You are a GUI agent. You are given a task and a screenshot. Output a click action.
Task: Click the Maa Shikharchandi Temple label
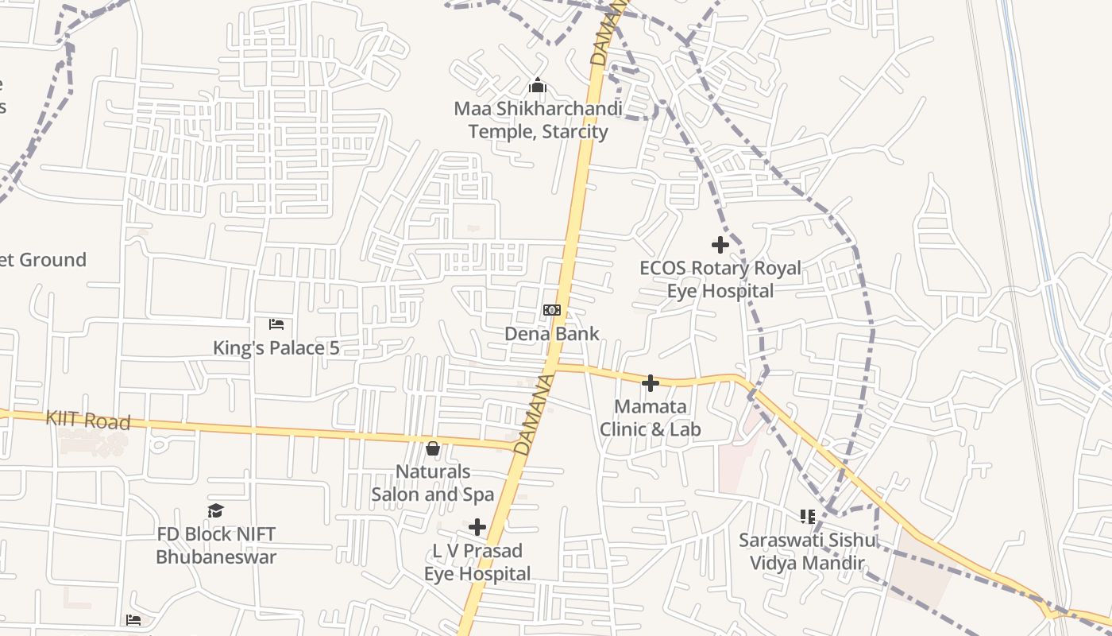[x=538, y=119]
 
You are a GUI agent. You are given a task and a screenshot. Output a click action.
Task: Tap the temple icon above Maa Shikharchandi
[x=538, y=84]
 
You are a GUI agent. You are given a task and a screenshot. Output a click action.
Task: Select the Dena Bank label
[x=552, y=333]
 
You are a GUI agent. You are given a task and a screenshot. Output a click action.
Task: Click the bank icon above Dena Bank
[x=552, y=309]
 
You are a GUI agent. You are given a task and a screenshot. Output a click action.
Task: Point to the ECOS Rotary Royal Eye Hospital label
[x=720, y=279]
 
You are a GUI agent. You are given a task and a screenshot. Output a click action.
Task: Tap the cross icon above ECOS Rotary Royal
[x=720, y=245]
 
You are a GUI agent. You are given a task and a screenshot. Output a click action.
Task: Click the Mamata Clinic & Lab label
[x=651, y=418]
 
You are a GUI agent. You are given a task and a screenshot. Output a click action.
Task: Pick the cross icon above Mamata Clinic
[x=651, y=384]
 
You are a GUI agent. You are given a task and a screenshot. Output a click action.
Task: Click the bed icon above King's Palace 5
[x=276, y=324]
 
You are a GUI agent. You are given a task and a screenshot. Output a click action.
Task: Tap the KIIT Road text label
[x=87, y=420]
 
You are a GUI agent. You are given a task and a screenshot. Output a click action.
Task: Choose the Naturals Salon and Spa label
[x=433, y=483]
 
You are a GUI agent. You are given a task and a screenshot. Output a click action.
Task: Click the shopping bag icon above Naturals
[x=433, y=449]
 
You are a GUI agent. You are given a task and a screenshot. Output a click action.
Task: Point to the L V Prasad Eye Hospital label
[x=477, y=562]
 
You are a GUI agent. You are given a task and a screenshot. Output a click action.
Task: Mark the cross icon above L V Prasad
[x=477, y=527]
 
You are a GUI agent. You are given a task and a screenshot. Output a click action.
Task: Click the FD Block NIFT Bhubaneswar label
[x=216, y=545]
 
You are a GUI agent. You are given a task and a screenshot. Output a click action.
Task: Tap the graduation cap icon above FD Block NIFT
[x=215, y=510]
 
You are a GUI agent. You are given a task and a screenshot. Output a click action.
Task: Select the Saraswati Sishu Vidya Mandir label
[x=808, y=552]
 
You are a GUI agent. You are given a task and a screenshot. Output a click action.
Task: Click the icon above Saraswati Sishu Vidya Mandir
[x=808, y=517]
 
